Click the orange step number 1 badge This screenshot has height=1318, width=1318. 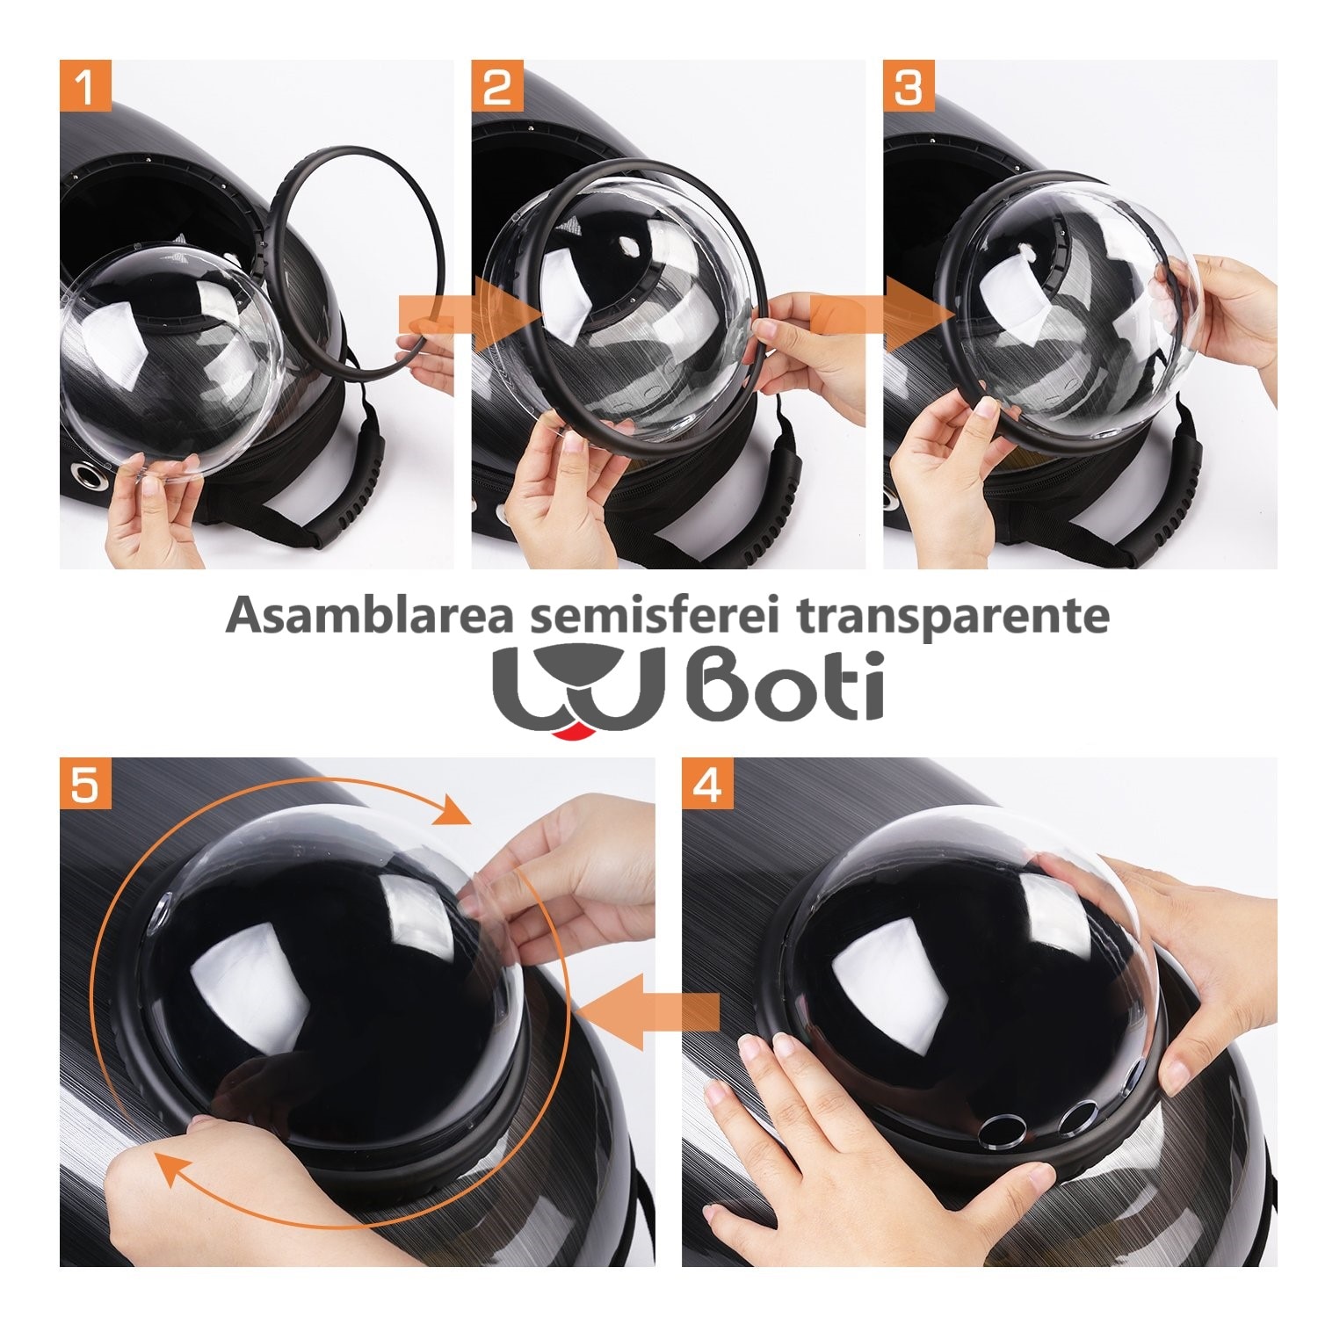pyautogui.click(x=86, y=85)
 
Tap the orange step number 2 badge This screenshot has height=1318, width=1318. pyautogui.click(x=498, y=85)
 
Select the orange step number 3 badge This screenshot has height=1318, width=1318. pyautogui.click(x=909, y=85)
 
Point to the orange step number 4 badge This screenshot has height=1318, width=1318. pyautogui.click(x=708, y=784)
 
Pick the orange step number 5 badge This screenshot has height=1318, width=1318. pyautogui.click(x=86, y=784)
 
